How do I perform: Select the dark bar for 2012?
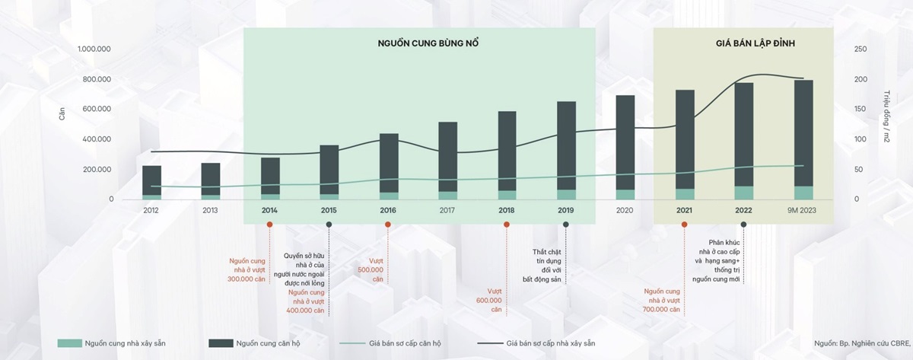(151, 180)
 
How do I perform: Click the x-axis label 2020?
(625, 211)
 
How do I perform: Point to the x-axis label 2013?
(210, 211)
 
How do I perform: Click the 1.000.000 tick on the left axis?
(95, 49)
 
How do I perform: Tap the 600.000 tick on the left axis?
(97, 110)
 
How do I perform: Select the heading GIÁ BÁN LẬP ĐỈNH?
(743, 43)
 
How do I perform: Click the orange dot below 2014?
(269, 224)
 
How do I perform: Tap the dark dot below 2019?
(565, 224)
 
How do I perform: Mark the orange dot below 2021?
(684, 224)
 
